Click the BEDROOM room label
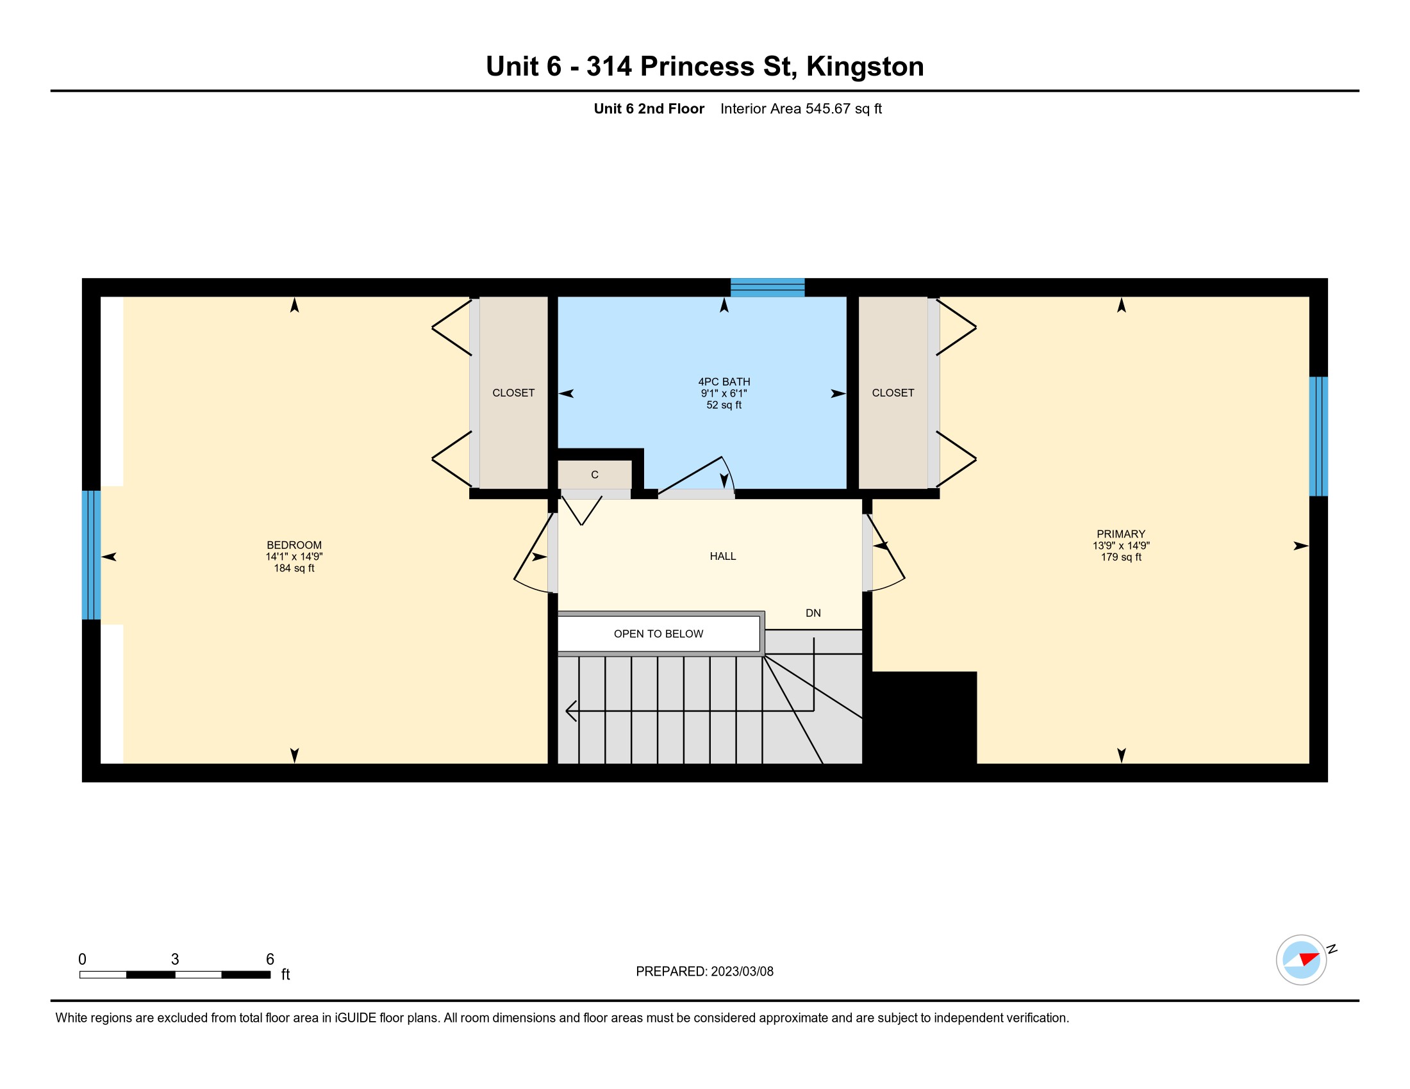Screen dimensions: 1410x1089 click(294, 545)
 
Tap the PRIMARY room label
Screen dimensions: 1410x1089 click(1121, 534)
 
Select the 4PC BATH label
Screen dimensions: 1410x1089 click(724, 382)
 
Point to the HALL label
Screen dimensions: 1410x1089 click(722, 556)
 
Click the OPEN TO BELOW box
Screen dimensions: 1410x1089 click(658, 634)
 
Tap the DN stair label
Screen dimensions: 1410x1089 click(813, 613)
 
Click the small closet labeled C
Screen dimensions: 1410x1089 click(595, 475)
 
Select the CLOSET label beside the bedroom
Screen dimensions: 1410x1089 click(513, 393)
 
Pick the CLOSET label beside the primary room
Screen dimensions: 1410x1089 click(893, 393)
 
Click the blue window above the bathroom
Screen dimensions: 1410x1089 click(768, 287)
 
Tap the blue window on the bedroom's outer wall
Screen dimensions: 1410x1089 click(91, 555)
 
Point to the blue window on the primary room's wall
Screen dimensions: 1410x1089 click(1318, 436)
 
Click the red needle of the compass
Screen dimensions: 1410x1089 click(1309, 958)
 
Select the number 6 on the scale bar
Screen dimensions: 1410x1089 click(270, 960)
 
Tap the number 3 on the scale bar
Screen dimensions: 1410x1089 click(175, 960)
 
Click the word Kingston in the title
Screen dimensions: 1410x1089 click(865, 67)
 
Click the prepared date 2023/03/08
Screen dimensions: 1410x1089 click(742, 972)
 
